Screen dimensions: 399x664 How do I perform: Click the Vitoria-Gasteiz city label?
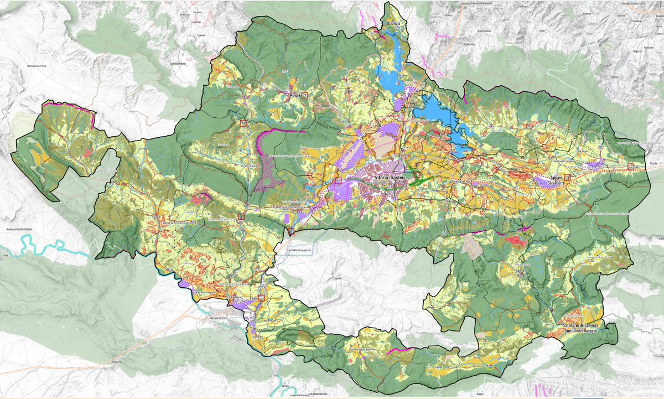point(391,177)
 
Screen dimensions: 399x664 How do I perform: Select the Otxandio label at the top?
point(393,24)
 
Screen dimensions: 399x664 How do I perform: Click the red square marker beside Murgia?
point(304,95)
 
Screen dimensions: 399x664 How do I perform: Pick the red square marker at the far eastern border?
point(630,166)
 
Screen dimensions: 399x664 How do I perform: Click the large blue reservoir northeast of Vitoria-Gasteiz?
point(440,113)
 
